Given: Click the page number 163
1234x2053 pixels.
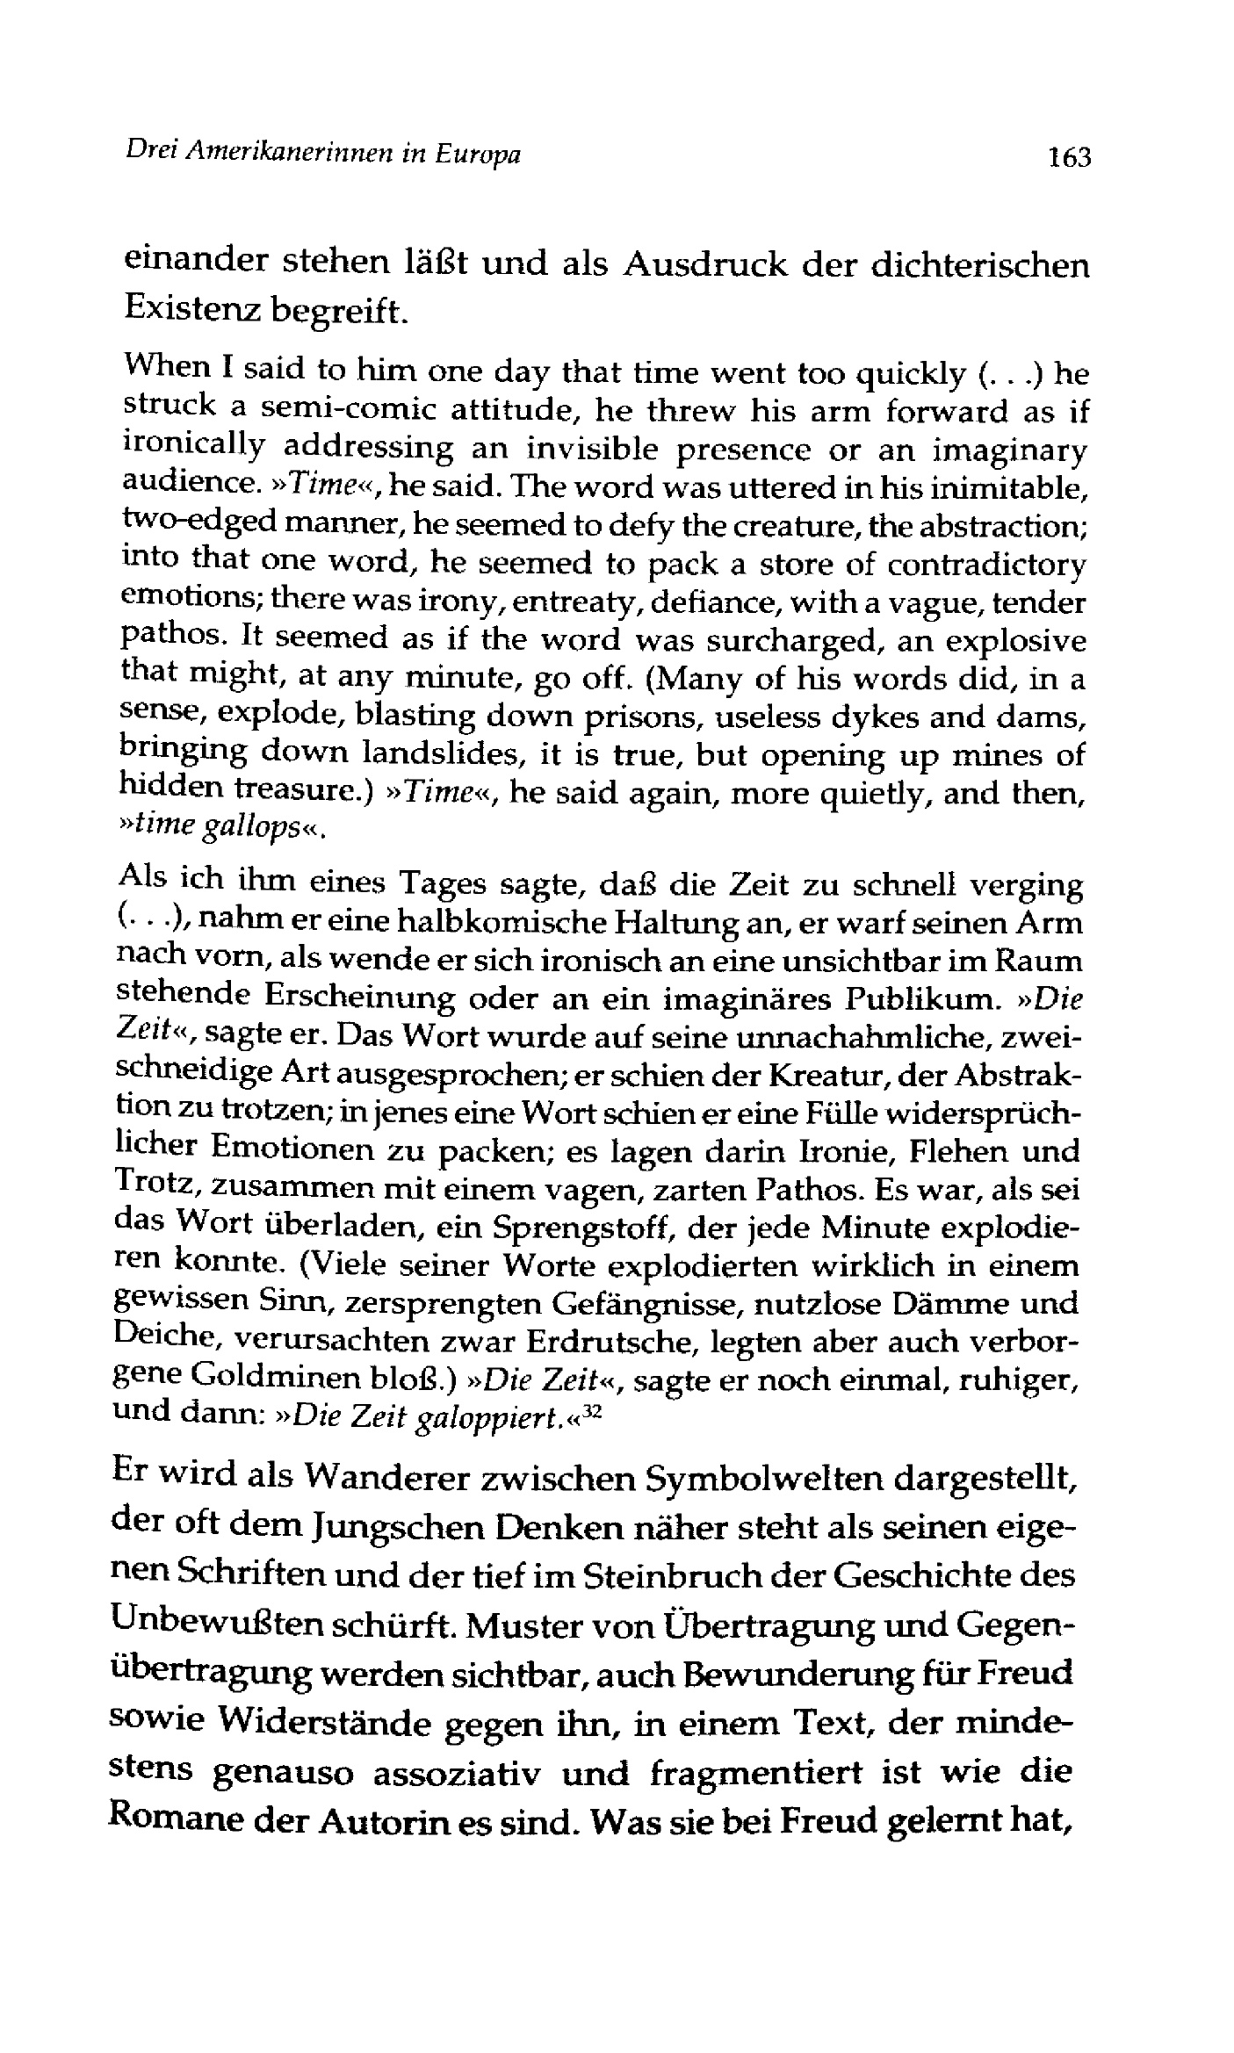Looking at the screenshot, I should point(1064,157).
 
